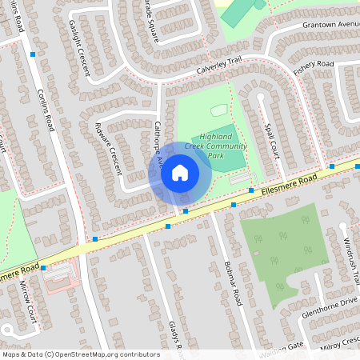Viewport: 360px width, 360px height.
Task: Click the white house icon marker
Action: pyautogui.click(x=180, y=172)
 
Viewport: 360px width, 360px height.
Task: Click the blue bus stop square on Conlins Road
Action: pyautogui.click(x=33, y=54)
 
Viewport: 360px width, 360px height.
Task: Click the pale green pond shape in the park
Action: pyautogui.click(x=219, y=110)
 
